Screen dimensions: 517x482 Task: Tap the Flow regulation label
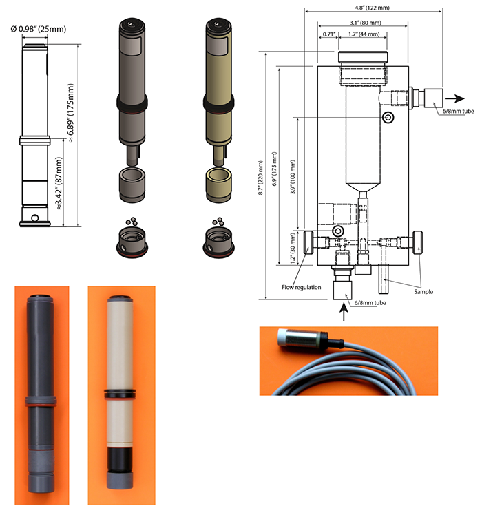[301, 286]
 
